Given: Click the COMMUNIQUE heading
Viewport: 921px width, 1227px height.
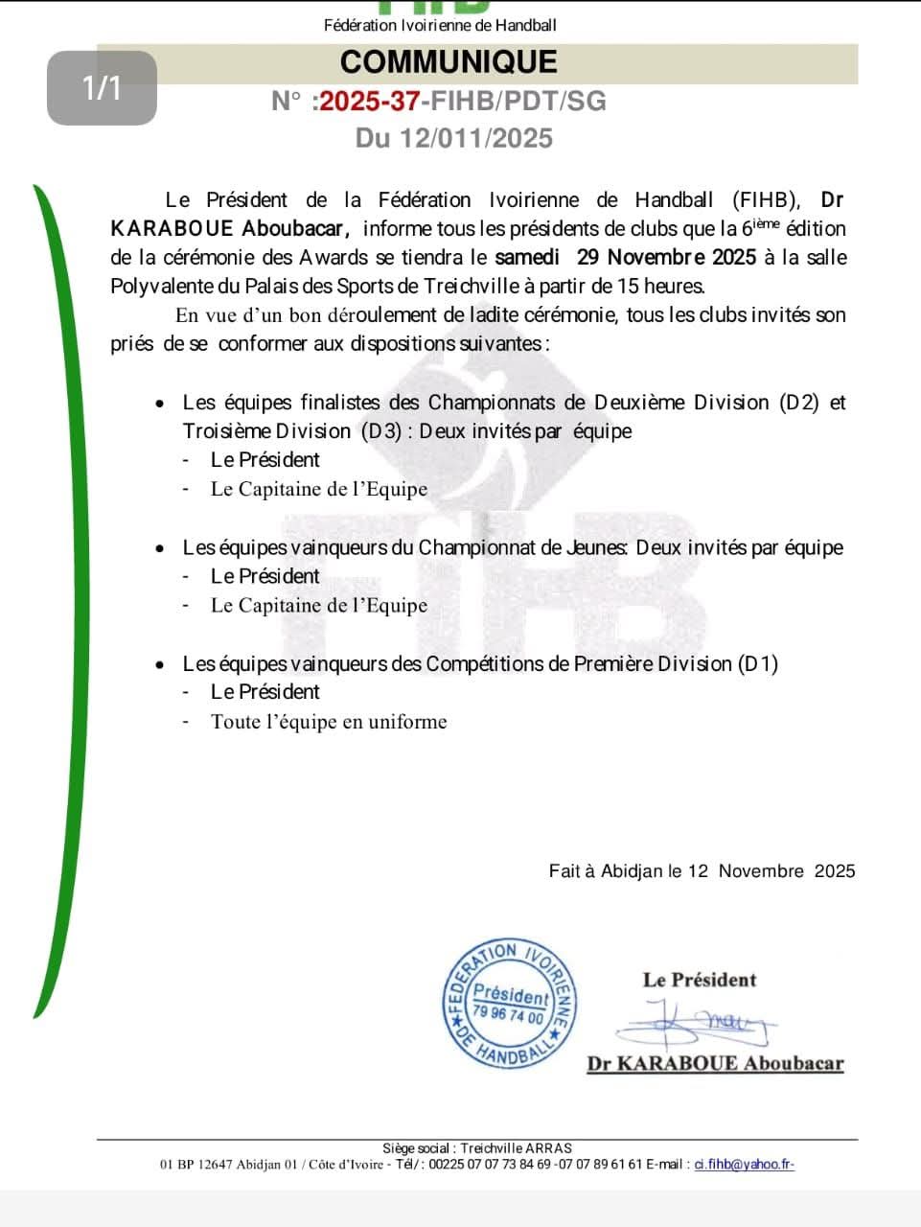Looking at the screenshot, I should click(x=449, y=62).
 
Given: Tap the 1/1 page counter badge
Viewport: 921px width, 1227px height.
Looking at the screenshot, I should click(x=102, y=88).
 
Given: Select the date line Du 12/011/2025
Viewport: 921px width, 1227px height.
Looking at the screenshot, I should click(x=454, y=138).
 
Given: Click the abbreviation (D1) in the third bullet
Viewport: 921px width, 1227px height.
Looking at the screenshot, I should click(x=758, y=664).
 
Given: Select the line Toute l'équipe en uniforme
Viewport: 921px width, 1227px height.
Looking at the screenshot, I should click(x=329, y=722).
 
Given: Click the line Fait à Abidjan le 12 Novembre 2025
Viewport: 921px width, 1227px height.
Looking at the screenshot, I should click(x=702, y=871).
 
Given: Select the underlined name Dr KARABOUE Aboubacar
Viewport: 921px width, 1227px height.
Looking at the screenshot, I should click(x=715, y=1063).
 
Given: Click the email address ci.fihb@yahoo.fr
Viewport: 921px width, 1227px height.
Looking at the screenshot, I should click(x=744, y=1165).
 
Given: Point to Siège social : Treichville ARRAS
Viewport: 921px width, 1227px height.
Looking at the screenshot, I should click(x=476, y=1148).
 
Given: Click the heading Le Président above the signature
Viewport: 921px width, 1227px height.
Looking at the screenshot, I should click(x=700, y=980).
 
